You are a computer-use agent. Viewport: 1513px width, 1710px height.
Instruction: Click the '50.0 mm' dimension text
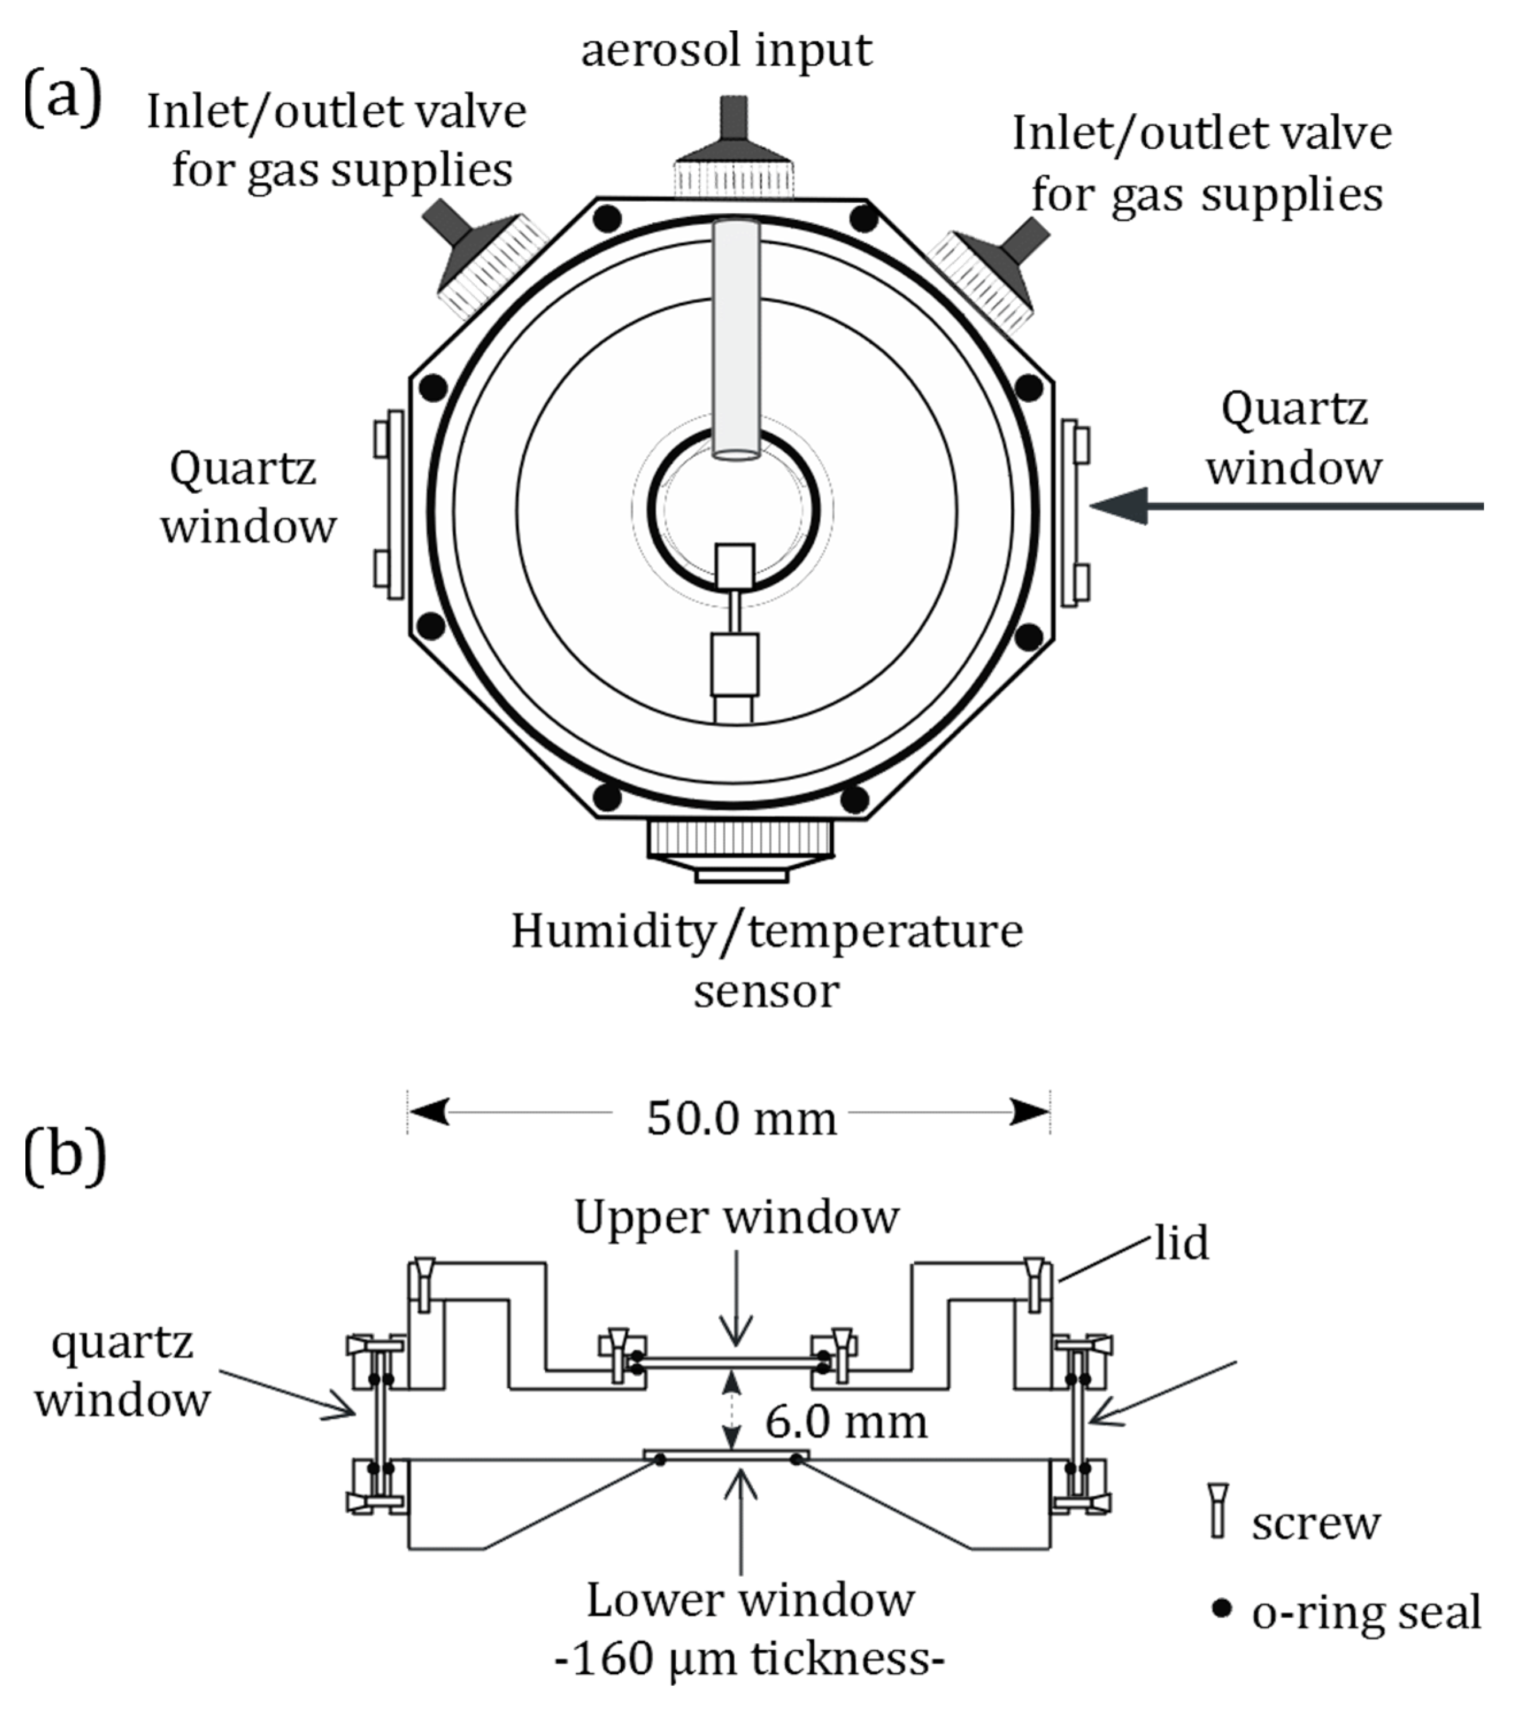point(741,1119)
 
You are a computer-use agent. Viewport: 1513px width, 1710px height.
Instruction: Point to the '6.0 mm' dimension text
point(846,1422)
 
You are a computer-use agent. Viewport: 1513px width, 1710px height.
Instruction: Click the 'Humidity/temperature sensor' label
point(767,960)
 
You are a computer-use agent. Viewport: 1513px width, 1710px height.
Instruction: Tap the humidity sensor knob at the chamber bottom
point(741,846)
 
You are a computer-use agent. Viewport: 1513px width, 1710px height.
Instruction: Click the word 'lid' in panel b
point(1181,1243)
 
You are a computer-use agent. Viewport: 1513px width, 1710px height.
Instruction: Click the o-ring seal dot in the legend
point(1222,1607)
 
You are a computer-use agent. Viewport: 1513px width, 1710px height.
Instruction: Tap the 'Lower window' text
point(750,1600)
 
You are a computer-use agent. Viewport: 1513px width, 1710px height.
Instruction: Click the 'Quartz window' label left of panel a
point(248,497)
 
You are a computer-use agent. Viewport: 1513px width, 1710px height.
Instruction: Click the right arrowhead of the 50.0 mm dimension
point(1029,1112)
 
